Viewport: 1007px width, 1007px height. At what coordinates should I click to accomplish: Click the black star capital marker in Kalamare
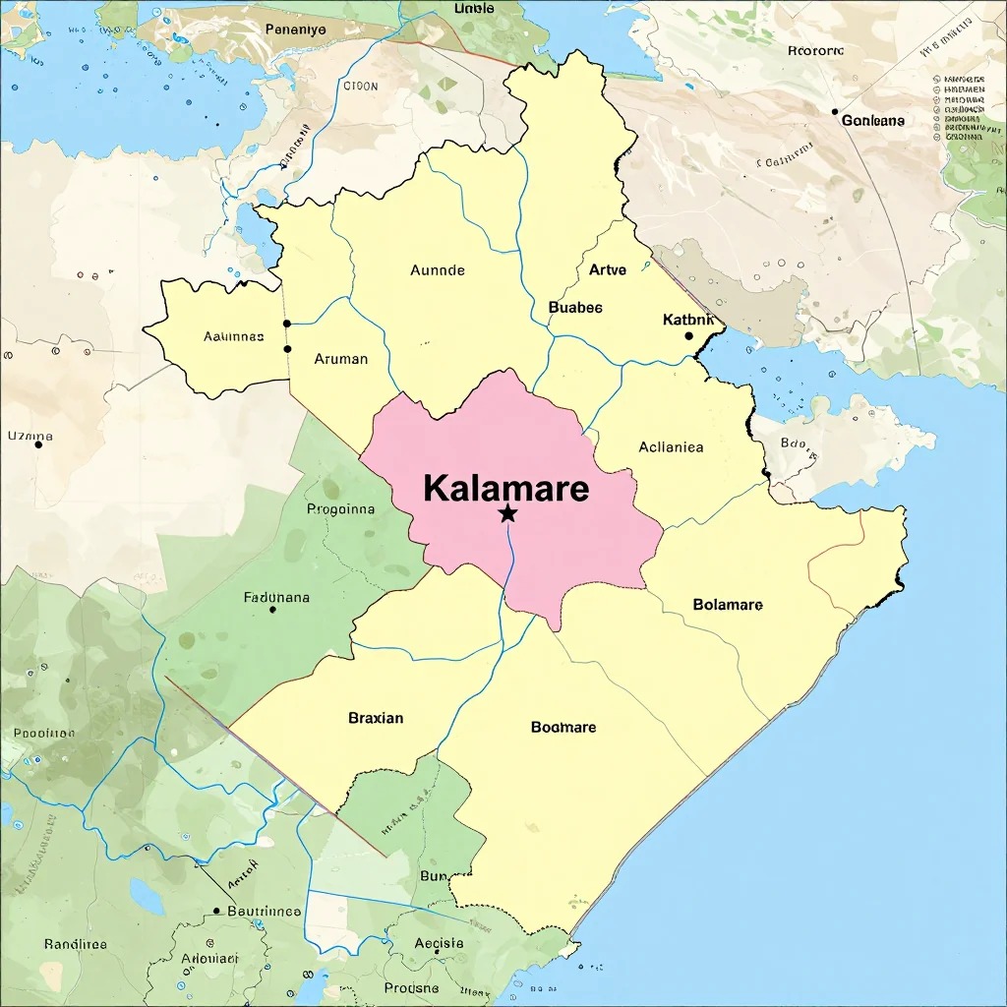(507, 513)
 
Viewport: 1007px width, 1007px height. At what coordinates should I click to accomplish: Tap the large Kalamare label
(506, 488)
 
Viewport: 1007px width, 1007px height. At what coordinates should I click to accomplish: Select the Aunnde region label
(438, 269)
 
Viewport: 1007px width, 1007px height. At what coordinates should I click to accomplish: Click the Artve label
(607, 269)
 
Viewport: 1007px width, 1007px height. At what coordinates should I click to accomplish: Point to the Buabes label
(575, 307)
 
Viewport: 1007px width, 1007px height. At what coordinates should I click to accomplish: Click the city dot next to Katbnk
(688, 336)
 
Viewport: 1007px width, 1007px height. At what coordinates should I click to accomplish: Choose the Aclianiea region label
(671, 446)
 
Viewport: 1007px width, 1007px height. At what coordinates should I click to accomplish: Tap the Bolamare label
(728, 604)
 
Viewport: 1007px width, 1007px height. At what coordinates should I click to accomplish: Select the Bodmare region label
(563, 727)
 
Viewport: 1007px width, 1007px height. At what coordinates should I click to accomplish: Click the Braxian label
(376, 718)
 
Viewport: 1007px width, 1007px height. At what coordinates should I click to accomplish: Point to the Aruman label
(341, 359)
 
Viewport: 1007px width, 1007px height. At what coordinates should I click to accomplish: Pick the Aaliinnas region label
(234, 335)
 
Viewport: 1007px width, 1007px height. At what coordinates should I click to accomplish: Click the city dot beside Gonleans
(835, 112)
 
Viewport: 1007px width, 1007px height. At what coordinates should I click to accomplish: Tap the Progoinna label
(341, 509)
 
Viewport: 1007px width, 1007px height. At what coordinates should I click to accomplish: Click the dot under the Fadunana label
(272, 610)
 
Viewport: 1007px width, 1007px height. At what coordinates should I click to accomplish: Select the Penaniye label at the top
(295, 30)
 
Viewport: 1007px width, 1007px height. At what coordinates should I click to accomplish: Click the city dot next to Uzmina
(38, 444)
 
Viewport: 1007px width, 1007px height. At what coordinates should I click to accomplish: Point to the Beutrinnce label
(264, 911)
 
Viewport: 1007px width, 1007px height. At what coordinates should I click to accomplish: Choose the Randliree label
(76, 943)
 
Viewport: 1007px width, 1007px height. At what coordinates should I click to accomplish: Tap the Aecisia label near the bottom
(439, 942)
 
